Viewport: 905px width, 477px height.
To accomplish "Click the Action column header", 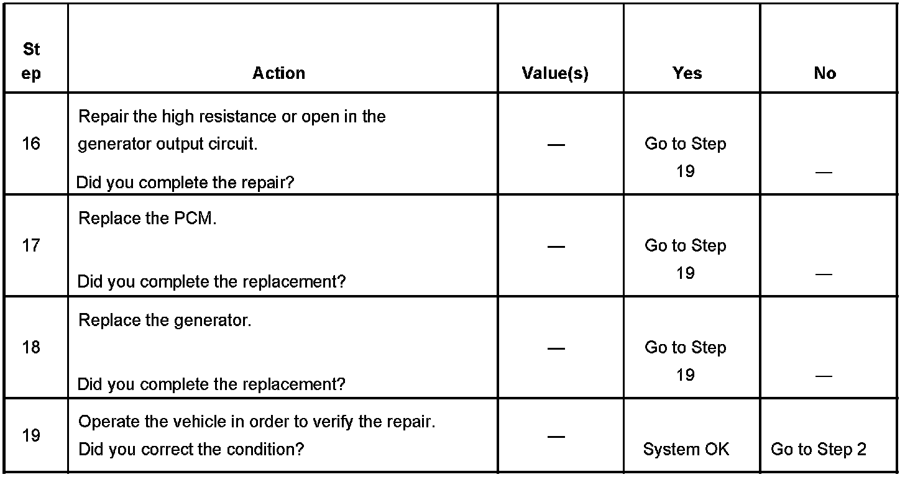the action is [278, 73].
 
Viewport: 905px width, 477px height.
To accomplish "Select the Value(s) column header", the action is [555, 73].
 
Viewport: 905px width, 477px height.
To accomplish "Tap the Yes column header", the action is [687, 73].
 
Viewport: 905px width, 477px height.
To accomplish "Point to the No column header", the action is [825, 73].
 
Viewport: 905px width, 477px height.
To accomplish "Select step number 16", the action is [30, 144].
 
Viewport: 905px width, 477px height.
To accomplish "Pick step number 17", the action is [30, 246].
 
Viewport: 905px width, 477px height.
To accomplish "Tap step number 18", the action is [30, 348].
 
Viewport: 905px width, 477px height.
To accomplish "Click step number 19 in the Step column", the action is [30, 436].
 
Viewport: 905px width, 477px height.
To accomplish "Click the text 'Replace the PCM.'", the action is [147, 219].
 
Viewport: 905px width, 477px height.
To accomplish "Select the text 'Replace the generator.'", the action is [165, 321].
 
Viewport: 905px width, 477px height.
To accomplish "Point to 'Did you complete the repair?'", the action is [185, 183].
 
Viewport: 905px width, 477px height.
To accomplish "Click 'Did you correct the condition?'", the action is [191, 449].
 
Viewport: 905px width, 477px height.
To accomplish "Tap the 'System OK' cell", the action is [686, 449].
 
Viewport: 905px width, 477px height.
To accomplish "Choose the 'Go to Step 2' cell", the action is [818, 449].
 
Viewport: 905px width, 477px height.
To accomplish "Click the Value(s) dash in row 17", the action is [556, 247].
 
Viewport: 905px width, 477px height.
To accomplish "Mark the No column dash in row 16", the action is [824, 172].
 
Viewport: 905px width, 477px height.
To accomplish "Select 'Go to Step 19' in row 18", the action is [686, 360].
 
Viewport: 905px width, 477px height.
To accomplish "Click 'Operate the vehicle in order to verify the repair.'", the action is [257, 422].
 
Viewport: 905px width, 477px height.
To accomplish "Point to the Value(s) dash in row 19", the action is [556, 437].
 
